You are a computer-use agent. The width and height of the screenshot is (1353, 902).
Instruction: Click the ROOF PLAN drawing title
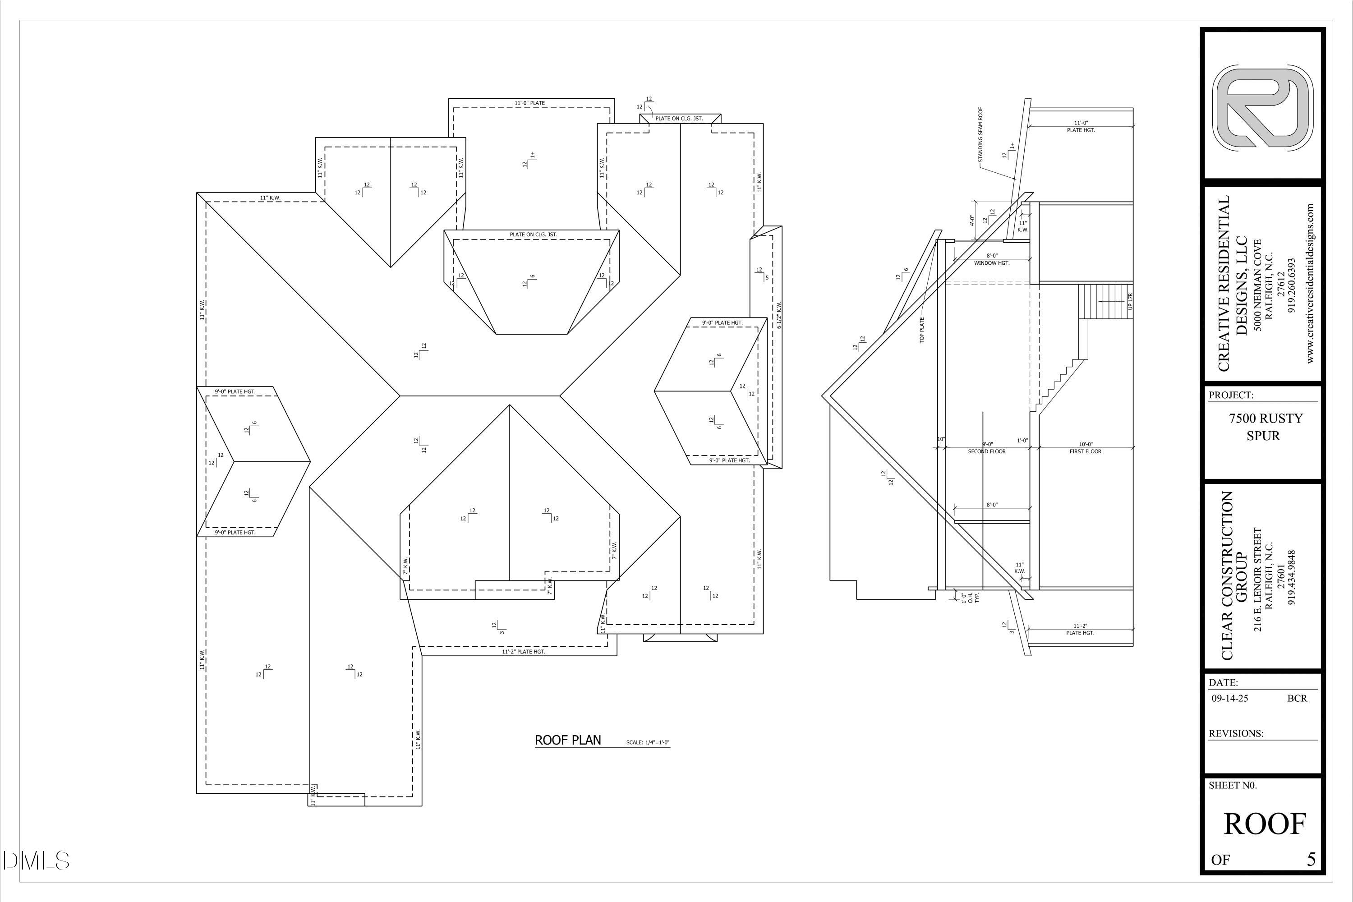(x=567, y=740)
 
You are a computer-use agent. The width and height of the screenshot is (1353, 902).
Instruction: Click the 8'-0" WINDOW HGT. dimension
(x=992, y=259)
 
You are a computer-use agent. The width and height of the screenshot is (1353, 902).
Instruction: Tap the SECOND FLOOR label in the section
(x=987, y=451)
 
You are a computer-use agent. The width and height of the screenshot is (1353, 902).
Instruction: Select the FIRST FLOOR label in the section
(x=1085, y=451)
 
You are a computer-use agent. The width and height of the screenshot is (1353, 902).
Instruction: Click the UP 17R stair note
(x=1130, y=301)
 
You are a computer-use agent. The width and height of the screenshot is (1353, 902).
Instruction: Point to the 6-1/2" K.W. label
(x=779, y=315)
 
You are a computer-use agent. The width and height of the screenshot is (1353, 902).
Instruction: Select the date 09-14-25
(x=1229, y=698)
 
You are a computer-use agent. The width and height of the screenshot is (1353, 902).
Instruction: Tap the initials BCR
(x=1297, y=698)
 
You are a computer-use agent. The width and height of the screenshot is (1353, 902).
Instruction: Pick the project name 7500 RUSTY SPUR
(x=1266, y=427)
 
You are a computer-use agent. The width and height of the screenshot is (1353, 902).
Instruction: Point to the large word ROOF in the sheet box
(x=1265, y=824)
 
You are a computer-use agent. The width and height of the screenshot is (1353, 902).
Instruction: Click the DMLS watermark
(x=36, y=861)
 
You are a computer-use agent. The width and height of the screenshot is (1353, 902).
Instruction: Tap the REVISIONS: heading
(x=1236, y=733)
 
